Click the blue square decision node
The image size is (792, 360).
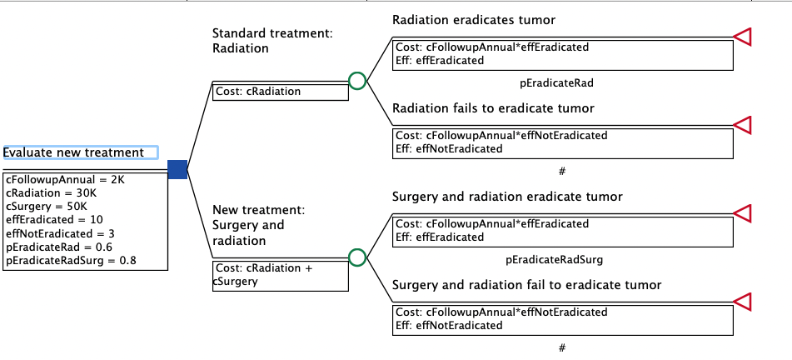coord(177,169)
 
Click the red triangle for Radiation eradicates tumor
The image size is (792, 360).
coord(742,37)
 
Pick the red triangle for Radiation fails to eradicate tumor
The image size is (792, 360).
coord(742,125)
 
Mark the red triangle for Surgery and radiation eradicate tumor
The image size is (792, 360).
coord(742,213)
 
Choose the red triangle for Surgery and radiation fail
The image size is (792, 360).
coord(742,302)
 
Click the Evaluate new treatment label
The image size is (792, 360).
coord(74,152)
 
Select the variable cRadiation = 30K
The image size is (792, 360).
coord(52,193)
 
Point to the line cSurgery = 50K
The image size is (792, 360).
coord(47,207)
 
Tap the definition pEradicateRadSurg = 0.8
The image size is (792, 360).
coord(72,261)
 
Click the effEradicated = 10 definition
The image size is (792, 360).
coord(55,220)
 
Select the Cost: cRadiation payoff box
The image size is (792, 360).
coord(281,92)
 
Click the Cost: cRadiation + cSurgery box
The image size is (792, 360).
coord(281,276)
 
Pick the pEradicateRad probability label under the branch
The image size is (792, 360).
coord(556,83)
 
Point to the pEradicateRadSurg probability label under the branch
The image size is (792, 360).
coord(554,260)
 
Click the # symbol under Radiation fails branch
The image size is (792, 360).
coord(562,172)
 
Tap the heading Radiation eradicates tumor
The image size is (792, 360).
coord(474,20)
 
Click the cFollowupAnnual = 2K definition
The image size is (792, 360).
coord(65,179)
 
